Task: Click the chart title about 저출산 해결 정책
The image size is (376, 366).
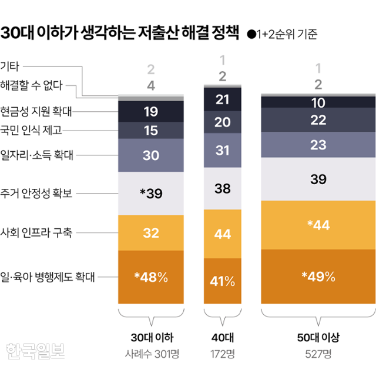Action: [120, 33]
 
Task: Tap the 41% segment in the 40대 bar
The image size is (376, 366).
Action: [223, 281]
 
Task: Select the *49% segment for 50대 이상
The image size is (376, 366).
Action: [318, 277]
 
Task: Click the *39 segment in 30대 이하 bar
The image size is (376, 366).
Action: [151, 194]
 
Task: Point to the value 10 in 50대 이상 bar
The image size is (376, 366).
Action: [318, 102]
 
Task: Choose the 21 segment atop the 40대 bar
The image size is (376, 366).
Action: [223, 99]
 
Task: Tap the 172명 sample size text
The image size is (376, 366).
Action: [223, 354]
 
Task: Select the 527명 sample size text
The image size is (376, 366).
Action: [318, 354]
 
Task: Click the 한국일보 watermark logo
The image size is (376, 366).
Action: [35, 351]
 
